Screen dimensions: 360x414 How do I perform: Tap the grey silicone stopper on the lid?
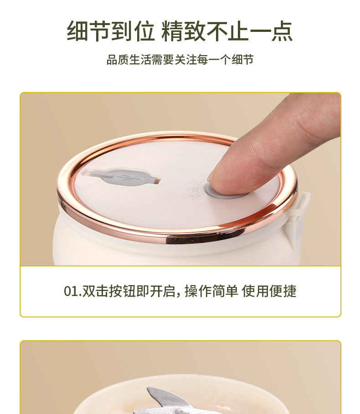tap(123, 176)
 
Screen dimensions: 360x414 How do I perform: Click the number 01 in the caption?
tap(71, 291)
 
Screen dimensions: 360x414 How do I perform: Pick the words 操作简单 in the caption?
tap(211, 291)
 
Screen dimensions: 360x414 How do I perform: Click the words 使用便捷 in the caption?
tap(269, 291)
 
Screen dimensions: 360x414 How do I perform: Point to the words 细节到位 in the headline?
tap(110, 31)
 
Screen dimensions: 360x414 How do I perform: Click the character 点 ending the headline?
tap(282, 31)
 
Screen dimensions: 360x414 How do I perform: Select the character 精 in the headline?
tap(172, 31)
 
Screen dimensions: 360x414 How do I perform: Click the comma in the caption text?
tap(179, 294)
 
